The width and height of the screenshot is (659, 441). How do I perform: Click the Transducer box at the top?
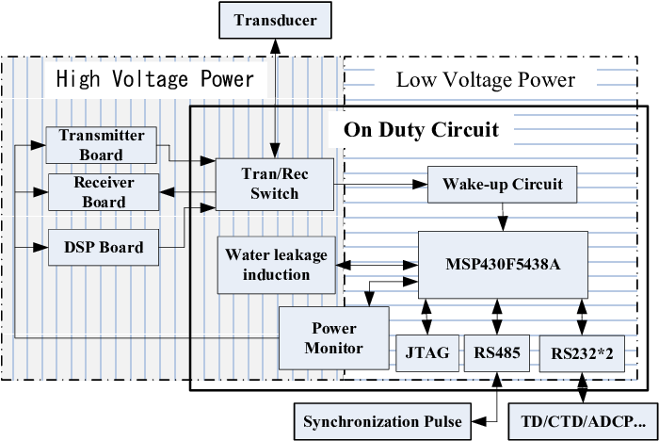275,20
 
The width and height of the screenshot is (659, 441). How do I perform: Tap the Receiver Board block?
103,192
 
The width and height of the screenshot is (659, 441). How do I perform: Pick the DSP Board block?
103,248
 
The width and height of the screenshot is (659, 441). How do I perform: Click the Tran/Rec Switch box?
274,184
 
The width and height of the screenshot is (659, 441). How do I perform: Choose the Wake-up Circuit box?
508,184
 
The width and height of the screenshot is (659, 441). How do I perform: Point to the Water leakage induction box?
268,265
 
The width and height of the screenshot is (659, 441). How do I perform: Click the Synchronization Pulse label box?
382,420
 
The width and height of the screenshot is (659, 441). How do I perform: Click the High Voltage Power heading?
155,79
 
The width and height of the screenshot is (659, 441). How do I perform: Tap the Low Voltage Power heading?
485,79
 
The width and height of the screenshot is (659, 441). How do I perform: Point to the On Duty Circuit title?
421,129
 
